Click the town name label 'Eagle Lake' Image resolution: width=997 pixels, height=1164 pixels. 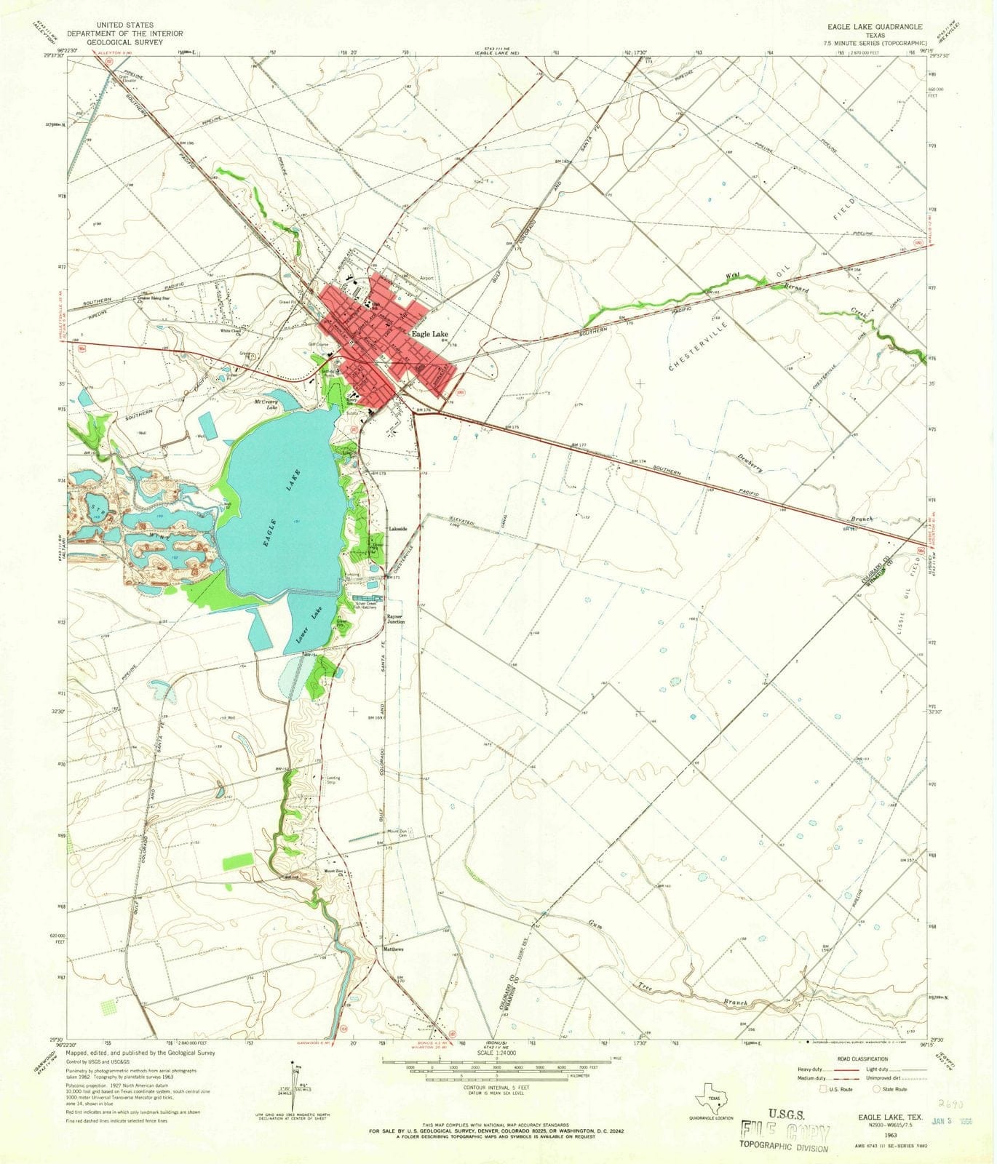click(x=429, y=334)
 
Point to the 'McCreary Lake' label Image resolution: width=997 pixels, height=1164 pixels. click(x=266, y=404)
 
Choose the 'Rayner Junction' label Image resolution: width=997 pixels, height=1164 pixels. click(x=396, y=619)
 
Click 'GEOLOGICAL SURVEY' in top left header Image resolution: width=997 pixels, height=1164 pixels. click(x=124, y=41)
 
